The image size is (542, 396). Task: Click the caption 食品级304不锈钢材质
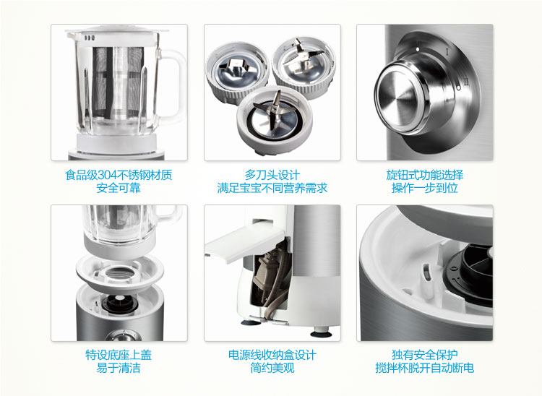point(119,175)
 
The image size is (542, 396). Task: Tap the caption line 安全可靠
point(119,188)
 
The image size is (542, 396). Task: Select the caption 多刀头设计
point(272,175)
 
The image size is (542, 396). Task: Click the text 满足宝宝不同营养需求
point(272,188)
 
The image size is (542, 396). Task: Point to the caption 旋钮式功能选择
point(425,175)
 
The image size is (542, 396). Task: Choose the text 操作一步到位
point(425,188)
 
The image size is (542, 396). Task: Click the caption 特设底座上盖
point(119,355)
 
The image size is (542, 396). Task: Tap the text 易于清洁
point(119,368)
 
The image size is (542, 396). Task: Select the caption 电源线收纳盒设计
point(272,355)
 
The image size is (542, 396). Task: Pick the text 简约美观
point(272,368)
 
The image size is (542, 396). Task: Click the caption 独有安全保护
point(425,355)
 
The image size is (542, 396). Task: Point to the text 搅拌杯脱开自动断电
point(425,368)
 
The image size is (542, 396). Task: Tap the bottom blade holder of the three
point(274,119)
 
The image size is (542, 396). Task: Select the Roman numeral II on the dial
point(466,82)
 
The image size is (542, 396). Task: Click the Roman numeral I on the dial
point(447,52)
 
